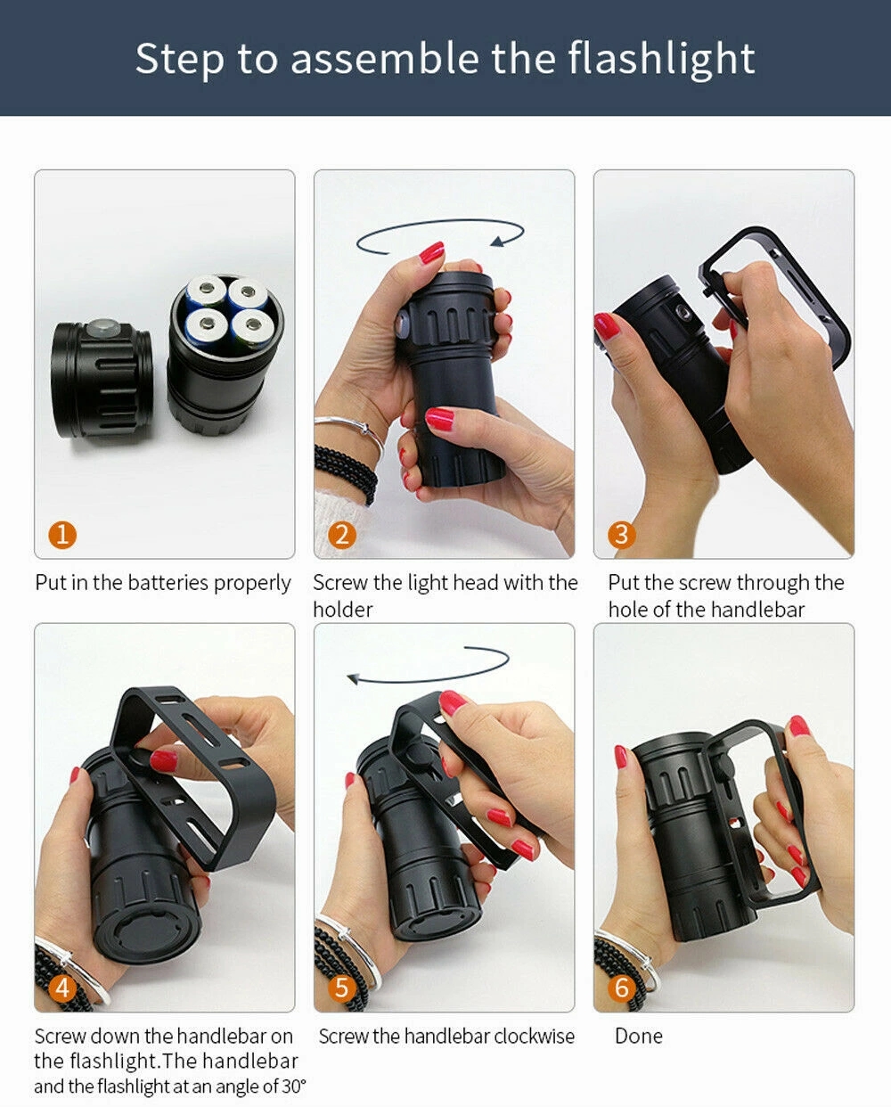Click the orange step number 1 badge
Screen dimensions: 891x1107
pos(62,535)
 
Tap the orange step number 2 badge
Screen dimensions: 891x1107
pos(342,535)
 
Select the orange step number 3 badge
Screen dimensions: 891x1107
pos(621,535)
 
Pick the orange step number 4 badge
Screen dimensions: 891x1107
pos(62,988)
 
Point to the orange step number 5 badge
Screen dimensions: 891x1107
pos(342,988)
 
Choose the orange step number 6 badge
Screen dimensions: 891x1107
pos(621,988)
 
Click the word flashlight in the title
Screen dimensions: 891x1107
pos(661,59)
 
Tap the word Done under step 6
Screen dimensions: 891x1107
pos(639,1036)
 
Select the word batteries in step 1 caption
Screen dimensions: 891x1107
pos(168,583)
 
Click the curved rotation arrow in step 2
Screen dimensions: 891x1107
pos(440,221)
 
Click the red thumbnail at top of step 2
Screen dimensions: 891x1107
pos(431,252)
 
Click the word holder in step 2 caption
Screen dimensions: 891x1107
pos(343,610)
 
